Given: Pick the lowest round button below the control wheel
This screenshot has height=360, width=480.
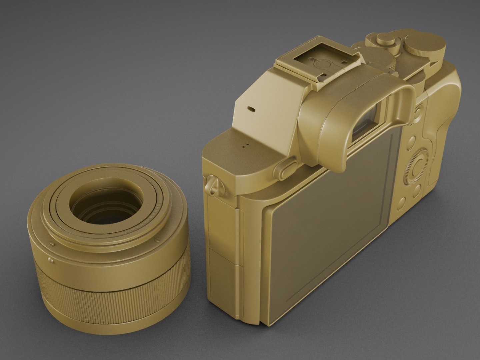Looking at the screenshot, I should click(x=402, y=202).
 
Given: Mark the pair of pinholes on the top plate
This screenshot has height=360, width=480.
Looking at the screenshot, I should click(x=245, y=145).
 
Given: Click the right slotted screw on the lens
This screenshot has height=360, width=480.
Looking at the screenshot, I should click(x=157, y=240).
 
